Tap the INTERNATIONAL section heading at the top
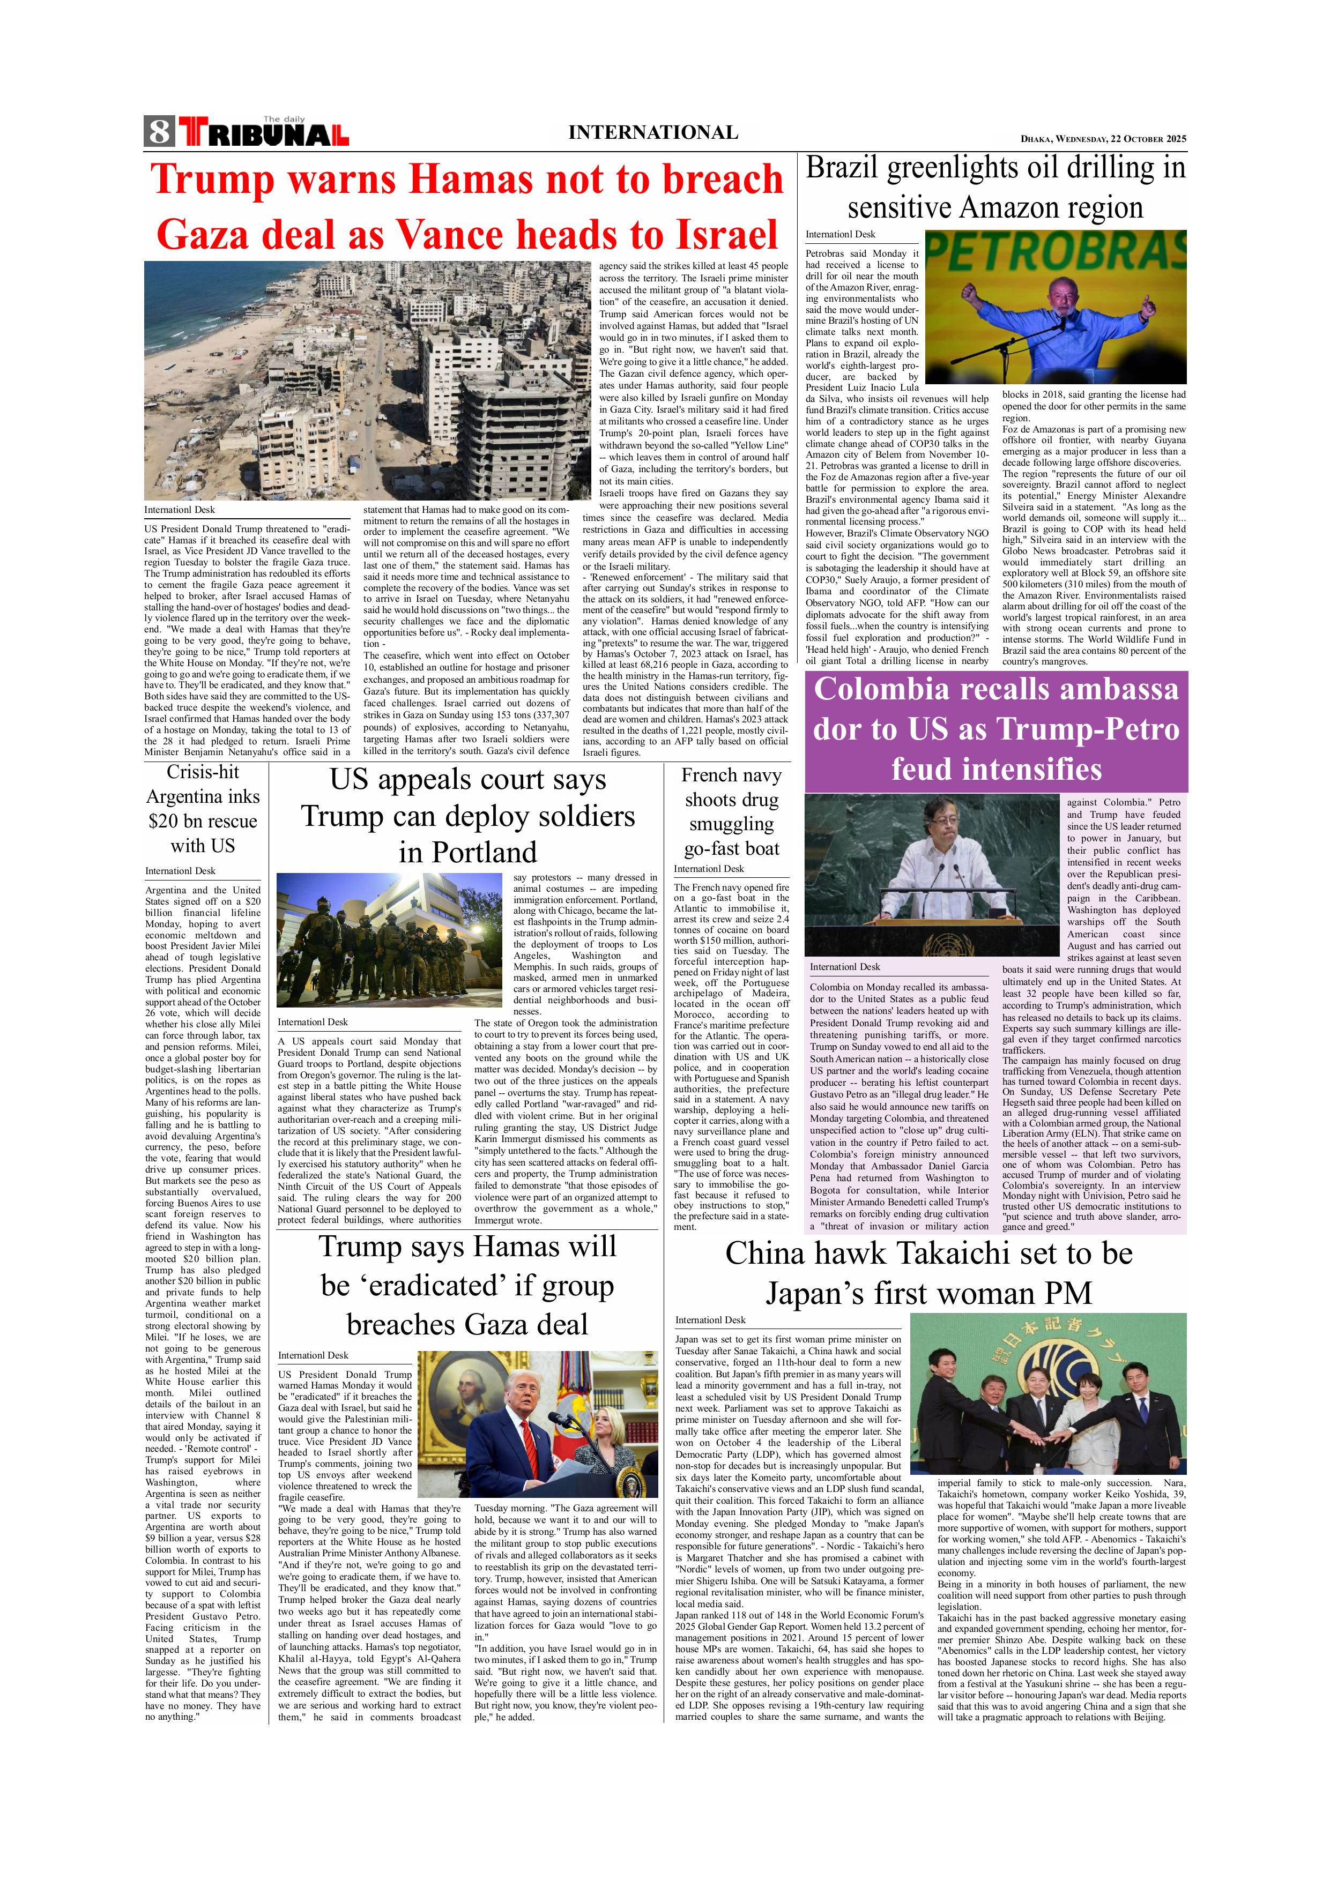[x=653, y=133]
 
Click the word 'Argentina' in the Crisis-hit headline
[x=202, y=797]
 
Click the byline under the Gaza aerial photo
[x=180, y=509]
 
